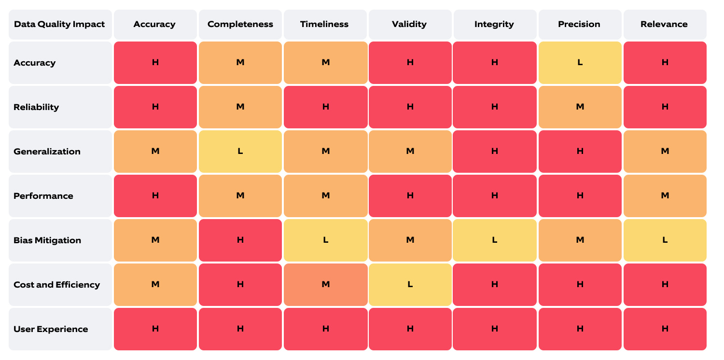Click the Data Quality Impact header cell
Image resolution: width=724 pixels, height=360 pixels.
pyautogui.click(x=60, y=24)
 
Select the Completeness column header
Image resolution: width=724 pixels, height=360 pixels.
pyautogui.click(x=240, y=24)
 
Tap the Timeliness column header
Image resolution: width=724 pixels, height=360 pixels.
pyautogui.click(x=325, y=24)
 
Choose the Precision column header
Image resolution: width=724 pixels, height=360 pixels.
pyautogui.click(x=579, y=24)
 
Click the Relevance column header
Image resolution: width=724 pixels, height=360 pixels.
pyautogui.click(x=664, y=24)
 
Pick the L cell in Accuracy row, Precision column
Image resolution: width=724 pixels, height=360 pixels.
pyautogui.click(x=580, y=63)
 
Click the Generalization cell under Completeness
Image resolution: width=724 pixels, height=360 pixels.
pyautogui.click(x=240, y=152)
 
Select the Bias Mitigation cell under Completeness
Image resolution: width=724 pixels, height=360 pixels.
pyautogui.click(x=240, y=240)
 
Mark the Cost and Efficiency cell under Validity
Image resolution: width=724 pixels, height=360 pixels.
pyautogui.click(x=410, y=285)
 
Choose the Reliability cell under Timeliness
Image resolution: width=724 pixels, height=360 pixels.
pyautogui.click(x=325, y=107)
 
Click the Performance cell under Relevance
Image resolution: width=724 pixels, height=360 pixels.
pyautogui.click(x=665, y=196)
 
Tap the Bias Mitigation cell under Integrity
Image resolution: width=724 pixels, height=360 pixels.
pyautogui.click(x=494, y=240)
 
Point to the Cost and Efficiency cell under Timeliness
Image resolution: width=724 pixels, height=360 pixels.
pyautogui.click(x=325, y=285)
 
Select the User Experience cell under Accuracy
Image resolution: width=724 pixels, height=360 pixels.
pyautogui.click(x=155, y=329)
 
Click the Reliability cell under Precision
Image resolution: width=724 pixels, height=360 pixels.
pyautogui.click(x=580, y=107)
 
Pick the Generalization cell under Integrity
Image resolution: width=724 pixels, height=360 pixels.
pyautogui.click(x=494, y=152)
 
